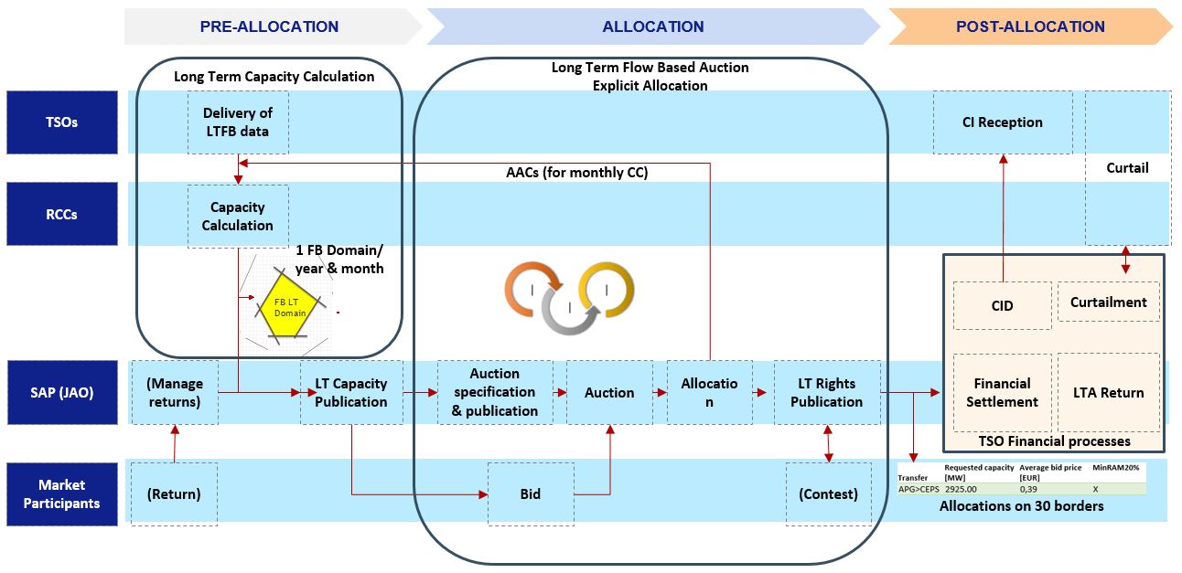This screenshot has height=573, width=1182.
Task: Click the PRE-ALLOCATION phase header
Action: coord(269,27)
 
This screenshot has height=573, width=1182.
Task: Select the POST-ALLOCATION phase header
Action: coord(1030,27)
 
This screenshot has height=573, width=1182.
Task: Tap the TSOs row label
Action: coord(62,122)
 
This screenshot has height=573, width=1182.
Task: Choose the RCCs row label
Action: coord(62,214)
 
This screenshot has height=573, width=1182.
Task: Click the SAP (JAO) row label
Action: coord(62,392)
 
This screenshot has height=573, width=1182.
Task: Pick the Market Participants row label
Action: coord(62,493)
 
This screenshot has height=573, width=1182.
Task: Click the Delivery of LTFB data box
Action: coord(238,122)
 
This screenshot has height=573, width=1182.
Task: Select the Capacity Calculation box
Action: coord(238,217)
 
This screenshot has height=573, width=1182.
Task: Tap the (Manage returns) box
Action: coord(174,392)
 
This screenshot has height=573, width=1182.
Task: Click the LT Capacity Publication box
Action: coord(351,392)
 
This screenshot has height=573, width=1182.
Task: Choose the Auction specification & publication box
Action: coord(495,392)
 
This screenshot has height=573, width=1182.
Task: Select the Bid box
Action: coord(531,493)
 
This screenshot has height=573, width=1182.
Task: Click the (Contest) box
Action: coord(828,493)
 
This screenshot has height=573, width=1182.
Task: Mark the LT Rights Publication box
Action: coord(827,392)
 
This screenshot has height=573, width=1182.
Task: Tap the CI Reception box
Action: coord(1003,122)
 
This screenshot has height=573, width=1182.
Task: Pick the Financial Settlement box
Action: coord(1002,392)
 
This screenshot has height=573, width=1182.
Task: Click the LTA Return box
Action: coord(1109,392)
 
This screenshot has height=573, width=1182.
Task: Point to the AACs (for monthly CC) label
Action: coord(576,172)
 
